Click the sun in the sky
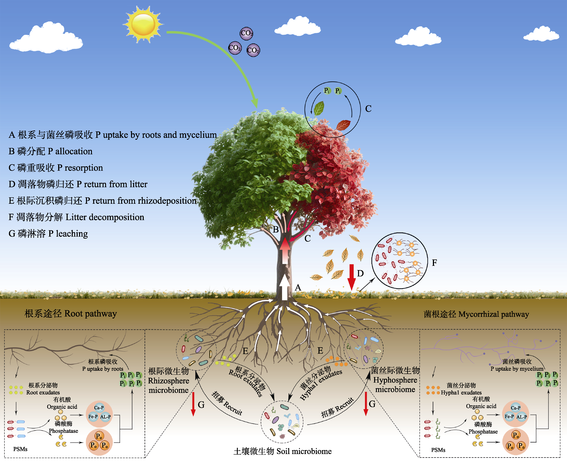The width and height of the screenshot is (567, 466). click(143, 25)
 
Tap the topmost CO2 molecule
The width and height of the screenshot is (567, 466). click(246, 33)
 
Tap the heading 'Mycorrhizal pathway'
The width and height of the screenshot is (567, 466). click(493, 314)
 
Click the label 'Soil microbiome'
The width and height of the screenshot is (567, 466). click(304, 451)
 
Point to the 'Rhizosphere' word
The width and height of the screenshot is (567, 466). click(169, 381)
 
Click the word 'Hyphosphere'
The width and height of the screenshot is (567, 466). click(395, 380)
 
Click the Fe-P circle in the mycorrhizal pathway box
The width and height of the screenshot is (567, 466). click(509, 416)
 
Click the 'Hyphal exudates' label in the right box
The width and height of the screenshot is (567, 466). click(461, 392)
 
